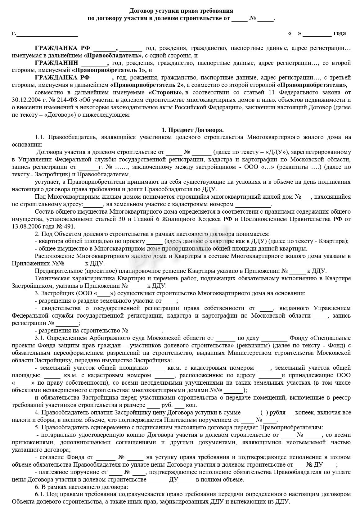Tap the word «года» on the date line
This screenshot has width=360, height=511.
pos(340,33)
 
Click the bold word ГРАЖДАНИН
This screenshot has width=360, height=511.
pos(56,63)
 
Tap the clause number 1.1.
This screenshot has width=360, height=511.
pos(40,137)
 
